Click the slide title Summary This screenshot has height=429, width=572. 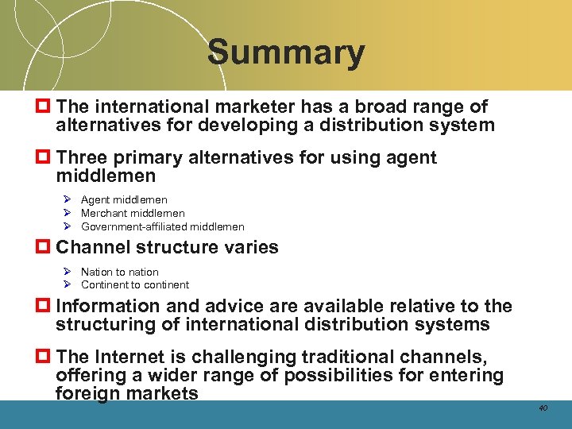pyautogui.click(x=286, y=53)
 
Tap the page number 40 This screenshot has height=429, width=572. pyautogui.click(x=543, y=408)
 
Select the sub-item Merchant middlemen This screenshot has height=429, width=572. pyautogui.click(x=133, y=213)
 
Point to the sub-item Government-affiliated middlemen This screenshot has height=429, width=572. pyautogui.click(x=162, y=226)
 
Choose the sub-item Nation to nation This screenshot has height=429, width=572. pyautogui.click(x=119, y=272)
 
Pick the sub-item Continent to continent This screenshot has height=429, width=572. pyautogui.click(x=134, y=284)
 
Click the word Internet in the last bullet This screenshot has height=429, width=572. pyautogui.click(x=133, y=357)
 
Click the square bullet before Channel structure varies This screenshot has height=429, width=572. pyautogui.click(x=44, y=247)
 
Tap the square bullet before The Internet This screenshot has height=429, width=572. pyautogui.click(x=44, y=357)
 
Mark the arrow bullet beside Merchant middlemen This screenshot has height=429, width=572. pyautogui.click(x=68, y=213)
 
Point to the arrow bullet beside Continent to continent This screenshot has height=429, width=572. pyautogui.click(x=68, y=284)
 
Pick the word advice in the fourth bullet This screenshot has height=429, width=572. pyautogui.click(x=238, y=306)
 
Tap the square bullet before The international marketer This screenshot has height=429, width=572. pyautogui.click(x=44, y=106)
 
